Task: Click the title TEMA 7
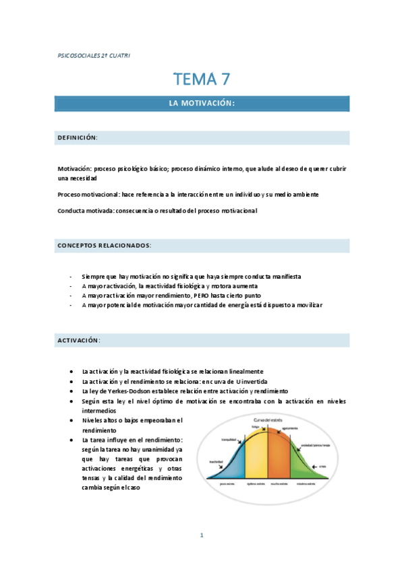[202, 79]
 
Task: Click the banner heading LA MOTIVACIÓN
[202, 103]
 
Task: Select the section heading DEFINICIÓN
[78, 137]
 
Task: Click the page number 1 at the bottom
[202, 535]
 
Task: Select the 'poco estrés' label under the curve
[228, 483]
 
